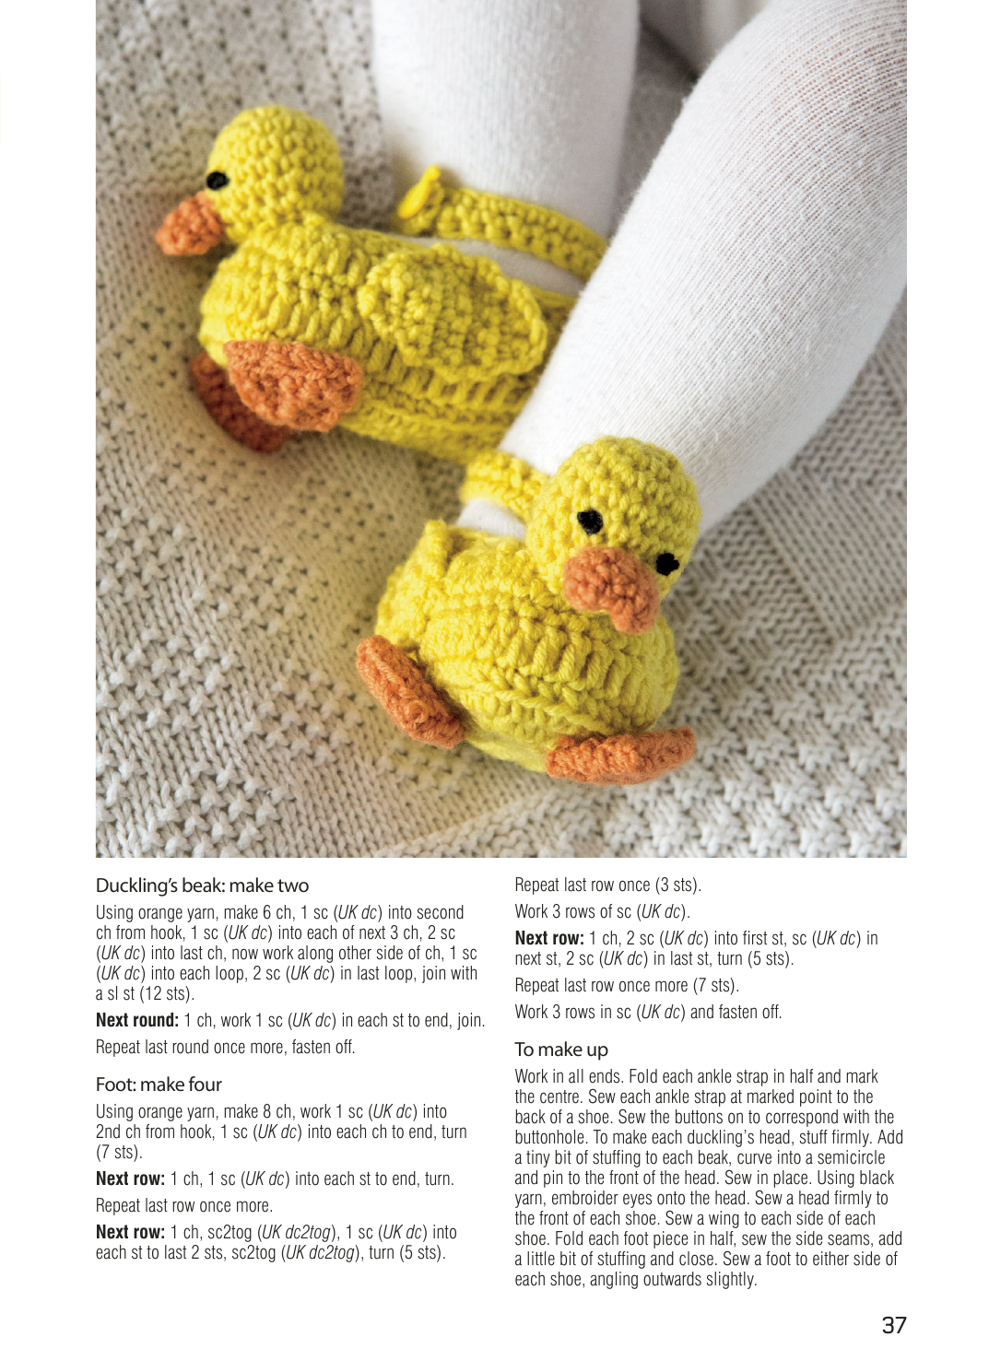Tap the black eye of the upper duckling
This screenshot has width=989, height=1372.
tap(218, 181)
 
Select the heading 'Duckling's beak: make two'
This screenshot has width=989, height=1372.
tap(202, 885)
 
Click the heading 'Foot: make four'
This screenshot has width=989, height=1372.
tap(159, 1085)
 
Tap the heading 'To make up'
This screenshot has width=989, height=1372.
tap(561, 1050)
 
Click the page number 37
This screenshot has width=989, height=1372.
tap(894, 1325)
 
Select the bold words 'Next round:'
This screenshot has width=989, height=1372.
tap(137, 1020)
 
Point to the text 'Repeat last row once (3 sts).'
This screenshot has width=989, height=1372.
tap(607, 885)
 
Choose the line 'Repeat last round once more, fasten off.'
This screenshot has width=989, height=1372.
tap(225, 1047)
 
